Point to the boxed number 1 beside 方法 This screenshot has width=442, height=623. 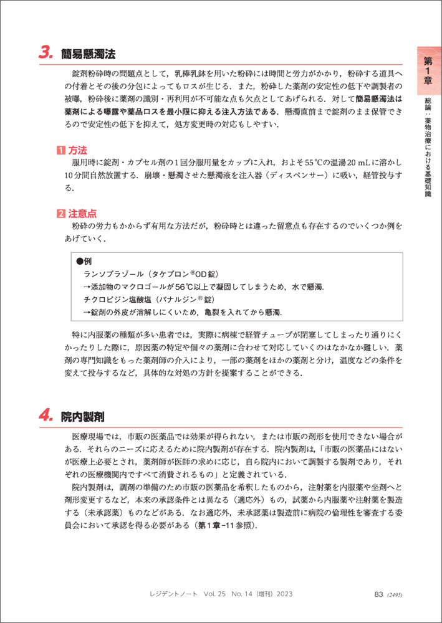tap(60, 150)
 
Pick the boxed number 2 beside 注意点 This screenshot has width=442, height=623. tap(60, 214)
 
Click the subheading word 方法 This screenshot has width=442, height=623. tap(77, 150)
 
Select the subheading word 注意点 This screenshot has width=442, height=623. tap(82, 214)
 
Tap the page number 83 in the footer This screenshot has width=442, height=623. tap(378, 594)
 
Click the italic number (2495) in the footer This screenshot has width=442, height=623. tap(395, 594)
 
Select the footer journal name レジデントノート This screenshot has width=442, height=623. tap(175, 594)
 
